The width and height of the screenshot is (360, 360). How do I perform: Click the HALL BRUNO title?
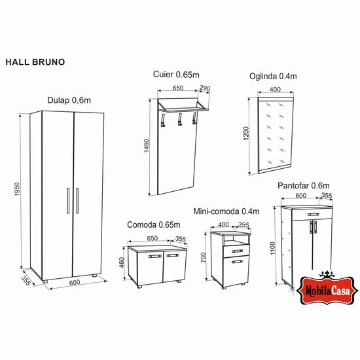coord(34,64)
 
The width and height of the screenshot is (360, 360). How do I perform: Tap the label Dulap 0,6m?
coord(69,99)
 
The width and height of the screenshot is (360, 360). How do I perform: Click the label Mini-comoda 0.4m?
coord(226,211)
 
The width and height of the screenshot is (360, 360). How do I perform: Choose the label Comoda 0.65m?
coord(153,225)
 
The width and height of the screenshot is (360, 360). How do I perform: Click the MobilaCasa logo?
coord(326,286)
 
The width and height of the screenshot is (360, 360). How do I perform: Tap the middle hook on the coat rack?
coord(178,120)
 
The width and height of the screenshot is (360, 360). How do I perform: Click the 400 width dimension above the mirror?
coord(274,88)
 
